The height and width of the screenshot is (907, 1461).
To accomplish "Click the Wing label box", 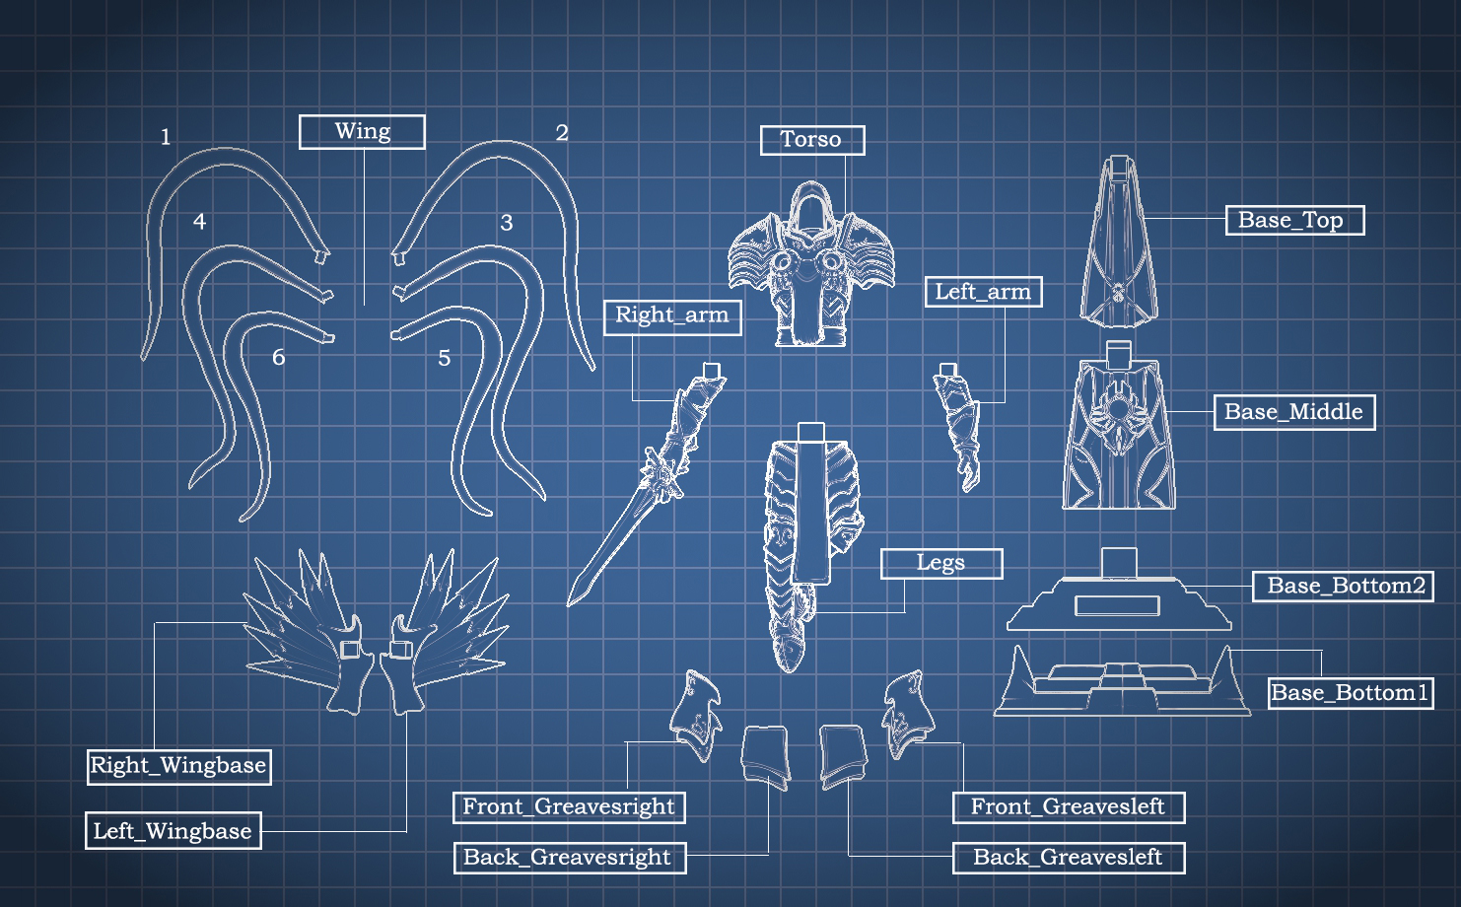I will pyautogui.click(x=362, y=132).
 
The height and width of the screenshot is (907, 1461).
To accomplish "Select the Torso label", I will pyautogui.click(x=812, y=140).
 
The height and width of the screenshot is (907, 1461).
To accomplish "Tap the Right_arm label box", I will pyautogui.click(x=671, y=316).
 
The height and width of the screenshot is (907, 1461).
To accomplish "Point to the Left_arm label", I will pyautogui.click(x=983, y=292).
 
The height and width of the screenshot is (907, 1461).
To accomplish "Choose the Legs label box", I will pyautogui.click(x=940, y=563).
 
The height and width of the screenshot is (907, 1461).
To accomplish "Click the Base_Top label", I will pyautogui.click(x=1294, y=220).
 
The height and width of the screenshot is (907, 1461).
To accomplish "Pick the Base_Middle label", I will pyautogui.click(x=1293, y=412).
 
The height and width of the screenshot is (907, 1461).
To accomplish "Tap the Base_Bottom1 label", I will pyautogui.click(x=1350, y=693).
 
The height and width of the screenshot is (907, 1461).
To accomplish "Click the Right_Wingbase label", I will pyautogui.click(x=178, y=766).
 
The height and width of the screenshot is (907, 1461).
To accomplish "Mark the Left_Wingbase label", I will pyautogui.click(x=174, y=831).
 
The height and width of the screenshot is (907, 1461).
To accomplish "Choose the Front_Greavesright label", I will pyautogui.click(x=569, y=807).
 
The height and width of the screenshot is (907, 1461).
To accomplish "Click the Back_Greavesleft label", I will pyautogui.click(x=1069, y=858).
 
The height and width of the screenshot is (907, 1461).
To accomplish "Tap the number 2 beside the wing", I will pyautogui.click(x=562, y=133).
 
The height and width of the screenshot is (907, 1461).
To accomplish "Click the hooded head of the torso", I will pyautogui.click(x=810, y=212).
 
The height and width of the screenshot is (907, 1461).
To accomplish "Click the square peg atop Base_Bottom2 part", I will pyautogui.click(x=1119, y=563).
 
